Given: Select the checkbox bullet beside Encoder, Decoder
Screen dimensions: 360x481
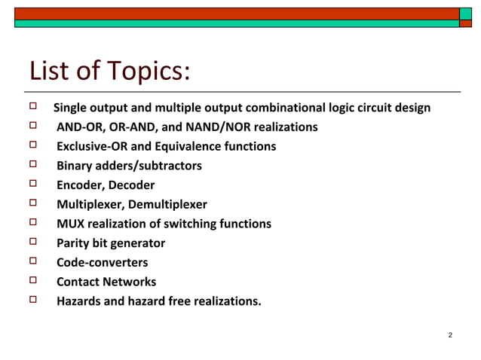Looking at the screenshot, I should pos(33,184).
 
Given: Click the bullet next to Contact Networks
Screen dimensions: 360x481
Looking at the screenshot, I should pos(33,281).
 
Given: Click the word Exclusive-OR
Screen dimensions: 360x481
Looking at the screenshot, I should pos(92,146).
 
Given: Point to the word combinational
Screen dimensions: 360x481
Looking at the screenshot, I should pos(279,107).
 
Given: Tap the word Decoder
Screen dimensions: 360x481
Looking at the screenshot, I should pos(131,185).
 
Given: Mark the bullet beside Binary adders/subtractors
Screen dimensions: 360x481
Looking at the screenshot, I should pos(33,164).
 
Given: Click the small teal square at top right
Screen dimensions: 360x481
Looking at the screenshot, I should pos(466,14).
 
